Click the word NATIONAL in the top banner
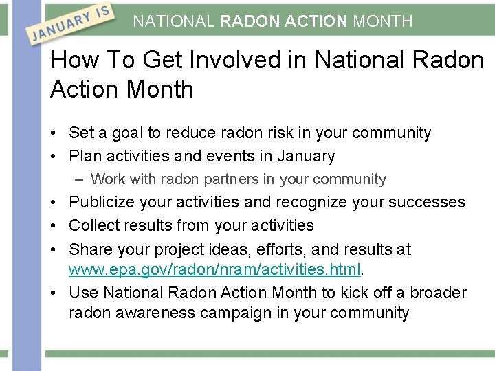[x=174, y=21]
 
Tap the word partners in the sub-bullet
[x=231, y=179]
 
